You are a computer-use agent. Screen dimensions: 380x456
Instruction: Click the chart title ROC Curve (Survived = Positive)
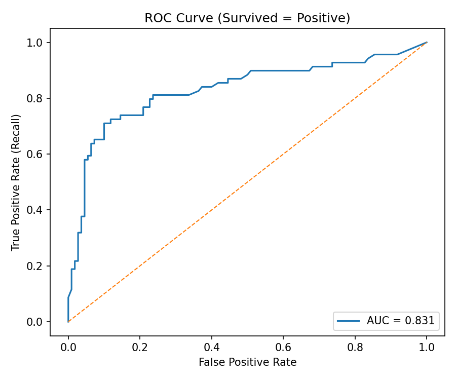point(247,18)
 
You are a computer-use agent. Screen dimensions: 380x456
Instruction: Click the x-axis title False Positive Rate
point(247,362)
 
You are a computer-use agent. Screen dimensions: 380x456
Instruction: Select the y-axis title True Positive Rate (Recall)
point(16,182)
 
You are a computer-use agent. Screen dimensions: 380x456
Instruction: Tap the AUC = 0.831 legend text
point(401,321)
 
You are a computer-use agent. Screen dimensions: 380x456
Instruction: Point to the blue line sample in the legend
point(350,321)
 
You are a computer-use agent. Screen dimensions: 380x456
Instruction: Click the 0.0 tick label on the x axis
point(68,348)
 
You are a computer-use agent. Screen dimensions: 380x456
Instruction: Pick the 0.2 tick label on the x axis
point(140,348)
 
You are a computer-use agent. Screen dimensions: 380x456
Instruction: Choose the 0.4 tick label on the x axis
point(211,348)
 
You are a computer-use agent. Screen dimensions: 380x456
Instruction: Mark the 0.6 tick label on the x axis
point(283,348)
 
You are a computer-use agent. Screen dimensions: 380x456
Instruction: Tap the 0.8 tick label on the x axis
point(355,348)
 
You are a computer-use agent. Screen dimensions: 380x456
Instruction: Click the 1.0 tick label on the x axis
point(427,348)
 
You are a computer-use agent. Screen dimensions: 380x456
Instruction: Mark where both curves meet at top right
point(427,42)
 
